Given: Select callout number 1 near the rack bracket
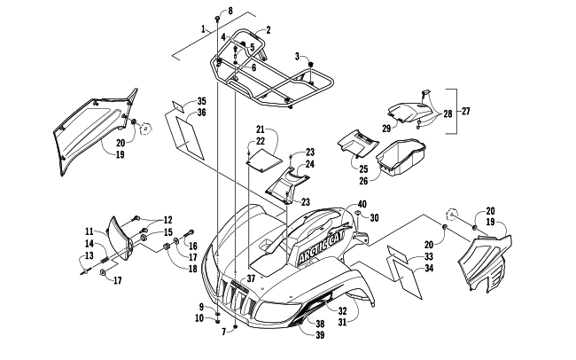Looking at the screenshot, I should pos(204,30).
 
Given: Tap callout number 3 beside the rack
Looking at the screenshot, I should pos(298,56).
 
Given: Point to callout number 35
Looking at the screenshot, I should pos(202,102).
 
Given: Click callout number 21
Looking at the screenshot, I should pos(261,129).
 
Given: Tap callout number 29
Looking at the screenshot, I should pos(385,129).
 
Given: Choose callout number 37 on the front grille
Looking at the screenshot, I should pos(251,278).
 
